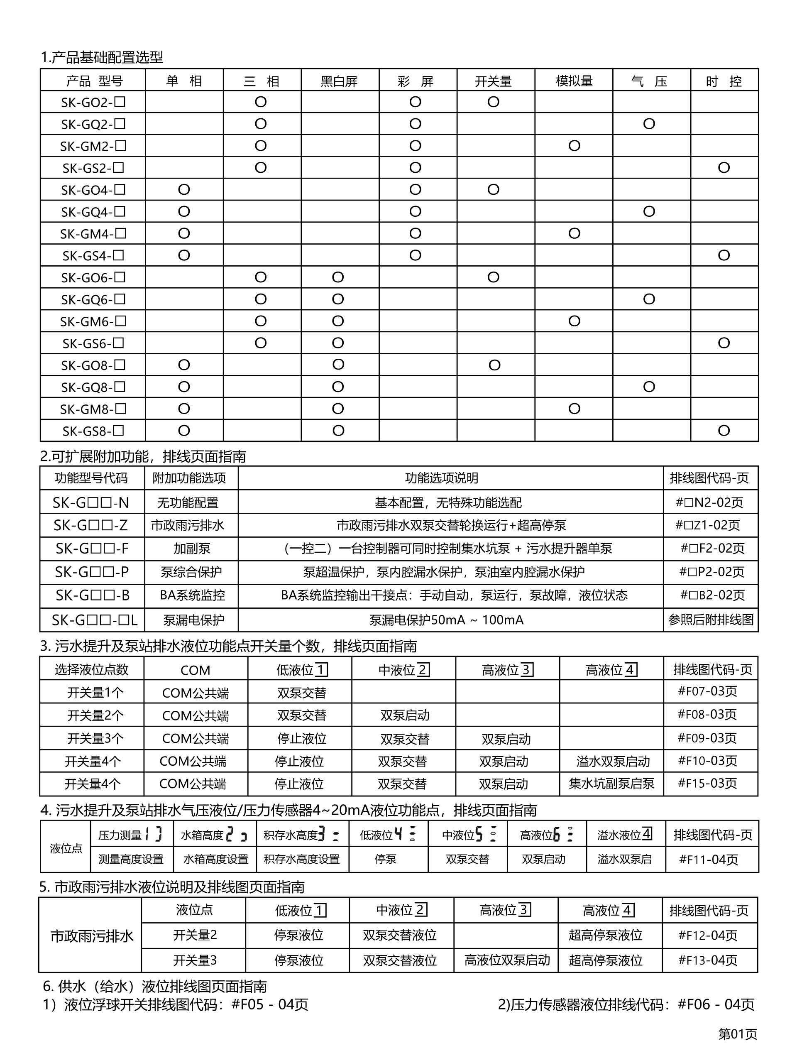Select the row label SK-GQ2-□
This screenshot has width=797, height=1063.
coord(93,125)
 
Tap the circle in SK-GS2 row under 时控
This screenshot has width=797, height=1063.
coord(724,168)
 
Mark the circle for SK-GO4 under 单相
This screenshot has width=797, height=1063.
coord(184,190)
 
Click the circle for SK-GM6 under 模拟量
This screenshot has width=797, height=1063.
coord(574,321)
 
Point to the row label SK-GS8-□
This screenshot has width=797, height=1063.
coord(93,431)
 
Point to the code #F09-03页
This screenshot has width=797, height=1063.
coord(707,737)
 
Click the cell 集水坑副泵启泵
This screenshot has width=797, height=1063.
coord(611,784)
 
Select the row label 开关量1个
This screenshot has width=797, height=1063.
coord(95,693)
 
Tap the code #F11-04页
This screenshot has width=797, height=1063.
coord(708,859)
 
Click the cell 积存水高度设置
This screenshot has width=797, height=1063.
coord(302,859)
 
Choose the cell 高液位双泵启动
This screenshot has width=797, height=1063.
coord(507,960)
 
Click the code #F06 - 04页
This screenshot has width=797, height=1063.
coord(716,1004)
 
